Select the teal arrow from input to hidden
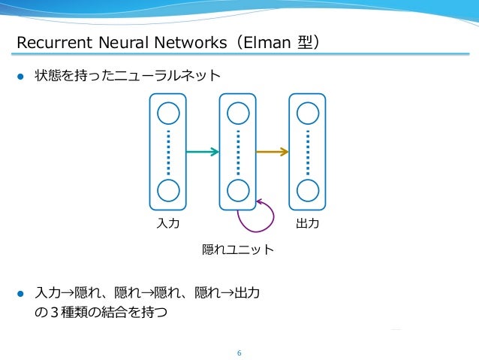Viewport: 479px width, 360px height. pyautogui.click(x=202, y=152)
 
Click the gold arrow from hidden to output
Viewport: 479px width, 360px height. pyautogui.click(x=272, y=152)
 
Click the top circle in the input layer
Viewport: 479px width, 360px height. pyautogui.click(x=169, y=113)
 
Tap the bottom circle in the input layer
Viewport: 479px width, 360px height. pyautogui.click(x=169, y=190)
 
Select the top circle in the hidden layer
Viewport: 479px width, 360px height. pyautogui.click(x=238, y=113)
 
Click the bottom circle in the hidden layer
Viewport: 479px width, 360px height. pyautogui.click(x=238, y=190)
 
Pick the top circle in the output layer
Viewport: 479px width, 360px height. pyautogui.click(x=308, y=113)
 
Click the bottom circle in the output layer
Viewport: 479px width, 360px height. pyautogui.click(x=308, y=190)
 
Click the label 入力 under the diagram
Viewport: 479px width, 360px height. pyautogui.click(x=168, y=224)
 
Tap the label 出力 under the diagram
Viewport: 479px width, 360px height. pyautogui.click(x=308, y=224)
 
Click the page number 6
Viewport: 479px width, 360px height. pyautogui.click(x=239, y=352)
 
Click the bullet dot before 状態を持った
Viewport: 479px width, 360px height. pyautogui.click(x=21, y=76)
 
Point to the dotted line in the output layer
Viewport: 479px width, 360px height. pyautogui.click(x=308, y=152)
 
